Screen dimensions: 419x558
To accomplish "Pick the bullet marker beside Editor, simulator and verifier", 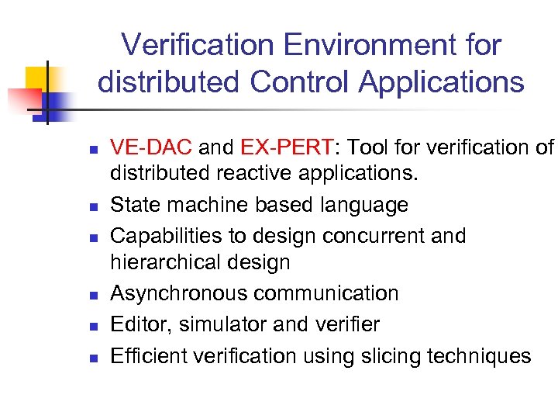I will tap(91, 324).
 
